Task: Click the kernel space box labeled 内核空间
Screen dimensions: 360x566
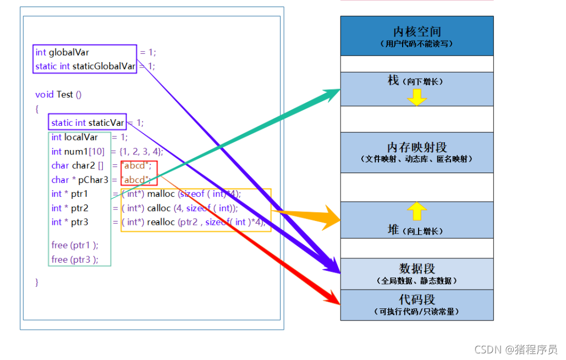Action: click(x=416, y=36)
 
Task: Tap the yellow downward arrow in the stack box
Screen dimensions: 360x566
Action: click(x=417, y=97)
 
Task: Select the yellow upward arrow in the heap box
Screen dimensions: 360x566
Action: click(x=417, y=211)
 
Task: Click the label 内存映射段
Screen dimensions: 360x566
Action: click(x=417, y=147)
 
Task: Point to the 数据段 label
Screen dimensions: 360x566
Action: click(x=417, y=269)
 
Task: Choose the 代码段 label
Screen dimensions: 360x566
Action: click(x=417, y=300)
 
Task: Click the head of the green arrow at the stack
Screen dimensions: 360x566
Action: click(x=331, y=93)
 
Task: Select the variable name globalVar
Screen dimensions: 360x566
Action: click(x=69, y=52)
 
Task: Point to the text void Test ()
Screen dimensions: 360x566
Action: click(x=58, y=95)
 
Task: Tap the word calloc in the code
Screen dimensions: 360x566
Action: click(x=159, y=208)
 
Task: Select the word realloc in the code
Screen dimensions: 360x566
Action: click(x=161, y=222)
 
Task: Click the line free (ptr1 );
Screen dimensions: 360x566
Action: click(x=75, y=245)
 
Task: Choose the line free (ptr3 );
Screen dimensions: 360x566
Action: click(x=75, y=259)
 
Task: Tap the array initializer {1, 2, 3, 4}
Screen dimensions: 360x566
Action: click(x=141, y=152)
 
